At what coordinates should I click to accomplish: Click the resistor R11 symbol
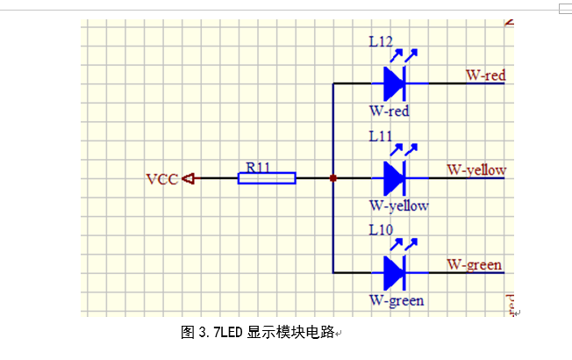point(267,178)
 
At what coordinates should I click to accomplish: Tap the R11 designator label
point(258,166)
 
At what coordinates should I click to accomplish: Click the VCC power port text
point(161,179)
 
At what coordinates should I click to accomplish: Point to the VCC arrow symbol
point(188,178)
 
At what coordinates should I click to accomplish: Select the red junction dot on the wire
point(333,178)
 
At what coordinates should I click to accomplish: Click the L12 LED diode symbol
point(394,83)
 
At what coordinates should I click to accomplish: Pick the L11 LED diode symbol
point(394,178)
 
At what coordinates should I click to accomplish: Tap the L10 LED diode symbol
point(394,272)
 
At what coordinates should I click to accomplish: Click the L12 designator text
point(381,41)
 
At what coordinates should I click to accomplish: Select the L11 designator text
point(381,136)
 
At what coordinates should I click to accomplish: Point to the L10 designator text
point(381,230)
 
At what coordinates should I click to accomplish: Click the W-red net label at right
point(486,76)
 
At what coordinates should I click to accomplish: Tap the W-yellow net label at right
point(476,169)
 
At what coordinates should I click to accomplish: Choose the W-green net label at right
point(474,264)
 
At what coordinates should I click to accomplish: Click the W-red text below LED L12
point(389,112)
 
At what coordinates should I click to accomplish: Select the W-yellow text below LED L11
point(398,205)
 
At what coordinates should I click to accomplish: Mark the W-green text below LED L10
point(397,300)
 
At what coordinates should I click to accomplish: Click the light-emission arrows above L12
point(403,55)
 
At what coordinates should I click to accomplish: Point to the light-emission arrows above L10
point(403,244)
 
